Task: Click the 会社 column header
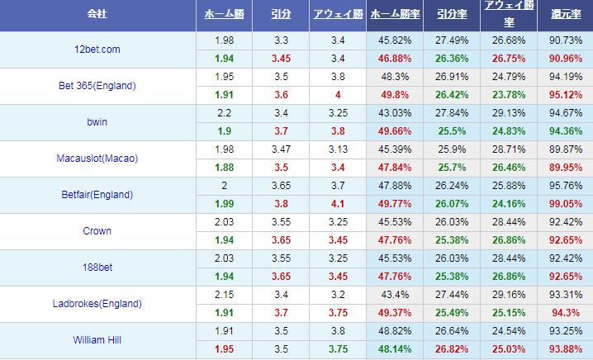[97, 15]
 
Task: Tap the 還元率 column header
[564, 15]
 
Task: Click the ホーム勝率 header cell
[394, 15]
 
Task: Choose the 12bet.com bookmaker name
[97, 50]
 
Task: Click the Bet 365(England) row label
[97, 86]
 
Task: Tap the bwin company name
[97, 122]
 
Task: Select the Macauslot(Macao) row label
[97, 159]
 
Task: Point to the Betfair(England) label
[97, 195]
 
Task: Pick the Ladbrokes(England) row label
[97, 304]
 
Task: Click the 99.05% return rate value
[564, 204]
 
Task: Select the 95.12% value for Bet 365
[564, 95]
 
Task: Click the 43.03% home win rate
[394, 113]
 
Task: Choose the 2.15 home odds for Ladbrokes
[223, 295]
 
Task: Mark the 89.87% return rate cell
[564, 149]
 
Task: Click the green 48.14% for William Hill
[394, 348]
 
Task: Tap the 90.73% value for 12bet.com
[564, 40]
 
